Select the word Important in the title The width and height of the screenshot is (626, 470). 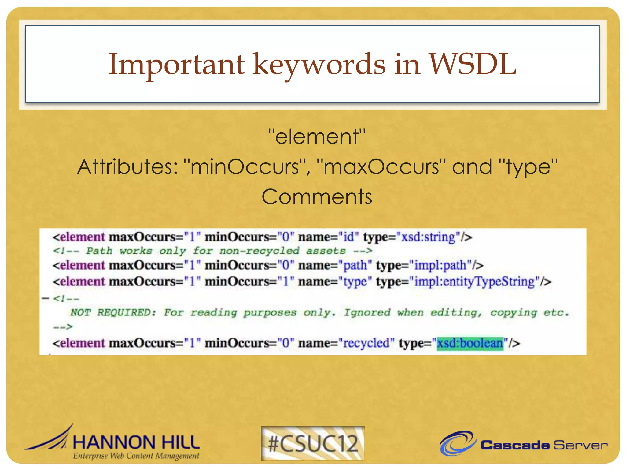click(176, 64)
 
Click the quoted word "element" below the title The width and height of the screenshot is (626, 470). click(317, 136)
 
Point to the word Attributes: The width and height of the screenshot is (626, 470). click(128, 167)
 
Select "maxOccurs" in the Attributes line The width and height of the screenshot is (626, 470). click(381, 167)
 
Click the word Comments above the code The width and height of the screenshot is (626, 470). click(317, 196)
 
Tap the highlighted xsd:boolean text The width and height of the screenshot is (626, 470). click(470, 343)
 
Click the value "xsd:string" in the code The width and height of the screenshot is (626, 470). click(428, 237)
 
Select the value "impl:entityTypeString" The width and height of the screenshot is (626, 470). click(474, 282)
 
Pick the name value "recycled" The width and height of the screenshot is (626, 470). click(366, 343)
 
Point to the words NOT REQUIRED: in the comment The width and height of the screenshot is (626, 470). click(113, 312)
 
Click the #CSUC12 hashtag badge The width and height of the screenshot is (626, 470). click(313, 443)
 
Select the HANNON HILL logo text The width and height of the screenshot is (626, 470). click(136, 442)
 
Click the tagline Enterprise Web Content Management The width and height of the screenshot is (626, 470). click(136, 456)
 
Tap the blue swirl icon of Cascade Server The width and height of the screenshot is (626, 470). click(458, 443)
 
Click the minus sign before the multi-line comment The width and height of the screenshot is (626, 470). click(46, 298)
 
